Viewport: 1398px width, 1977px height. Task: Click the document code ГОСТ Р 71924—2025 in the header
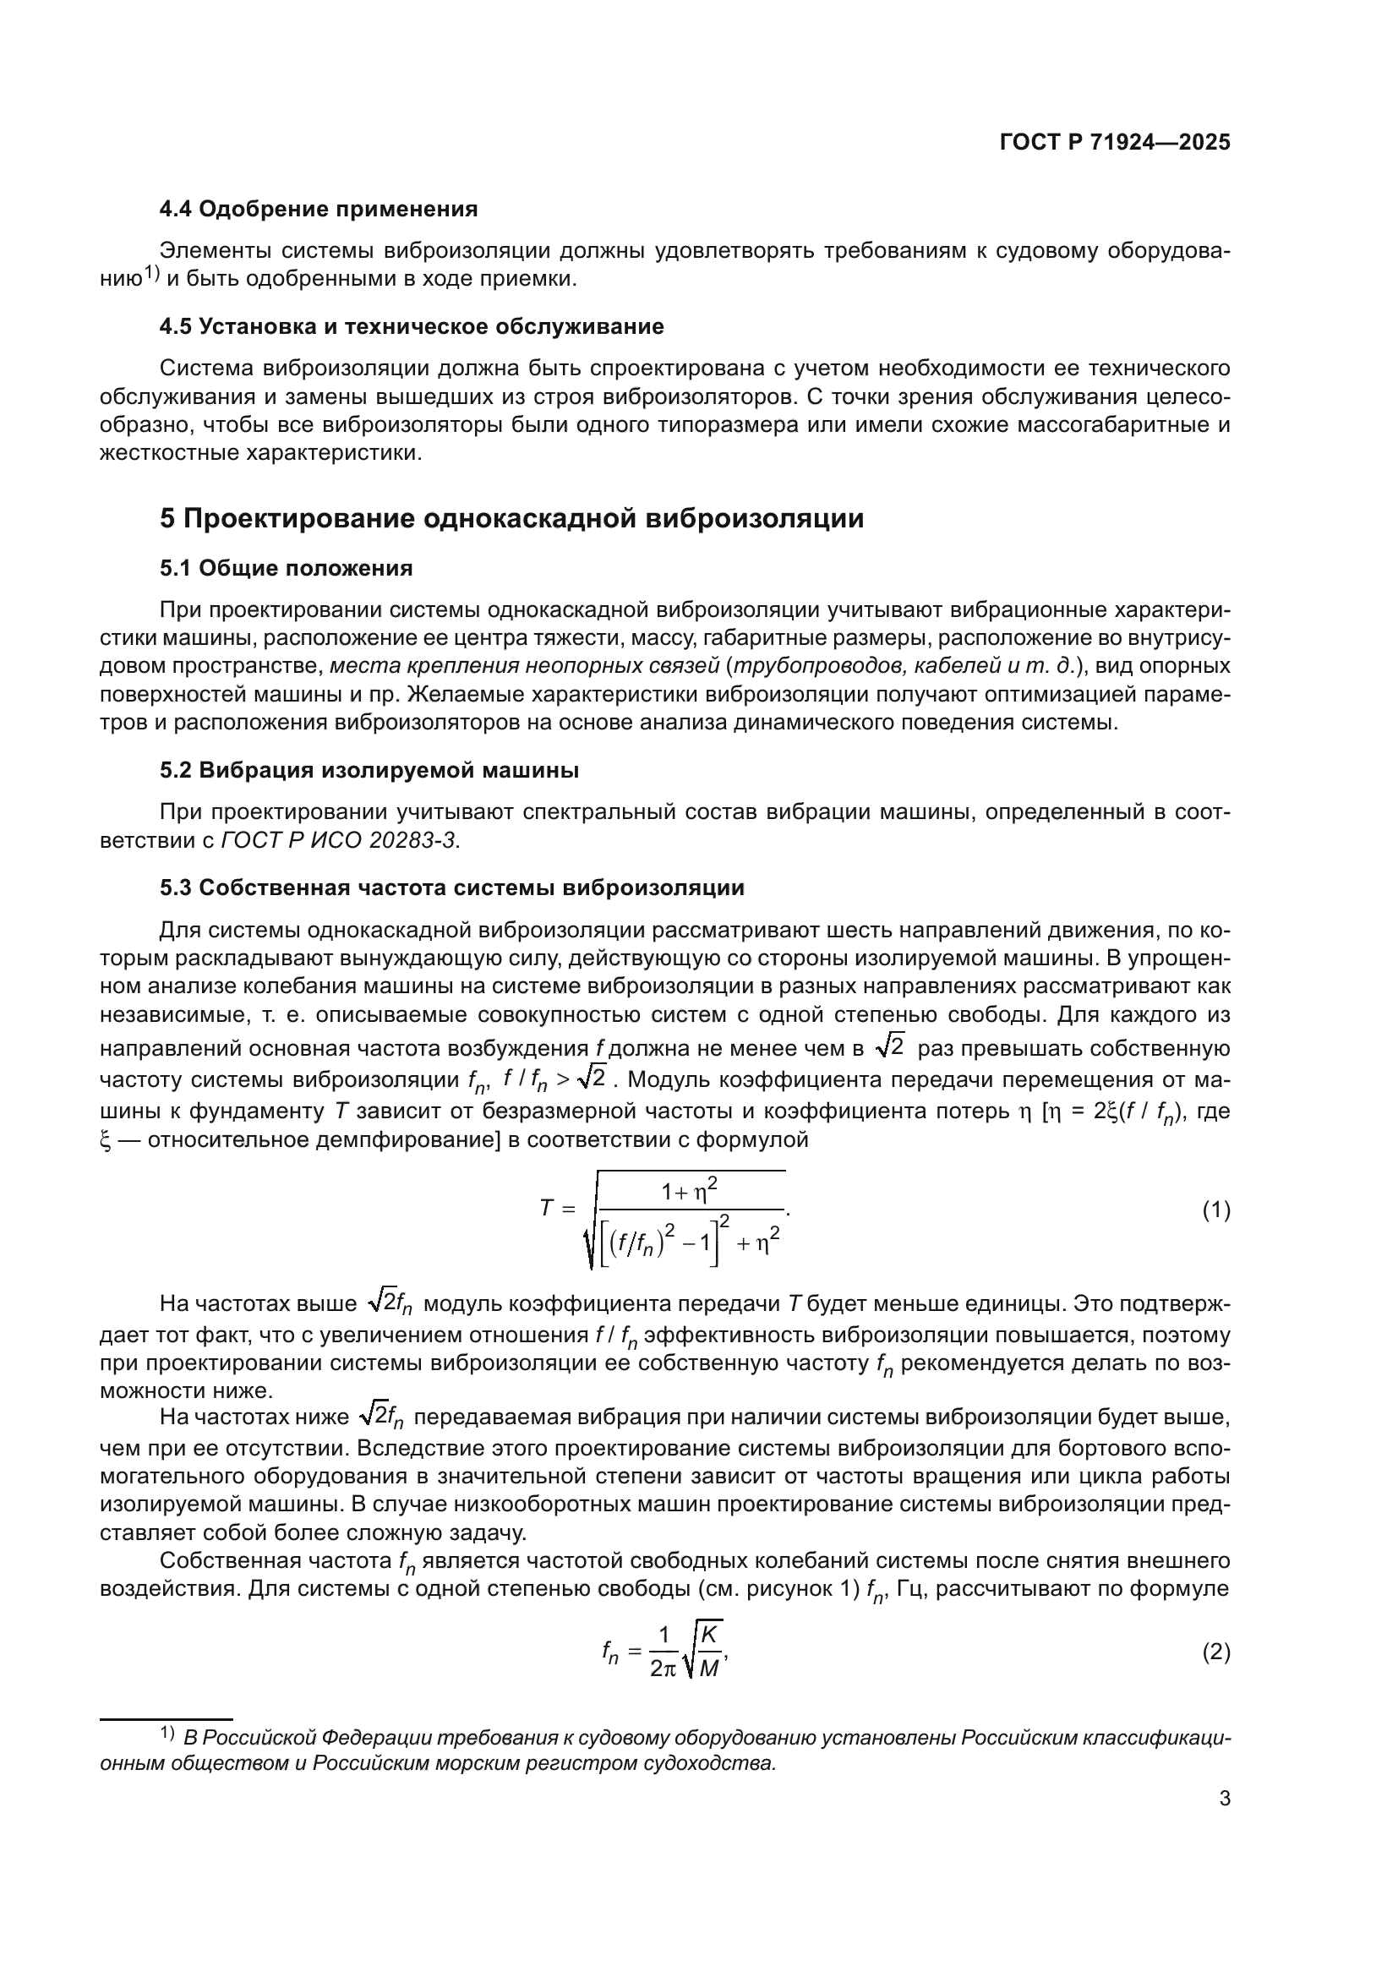tap(1115, 143)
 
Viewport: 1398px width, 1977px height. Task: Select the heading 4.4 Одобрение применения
tap(319, 209)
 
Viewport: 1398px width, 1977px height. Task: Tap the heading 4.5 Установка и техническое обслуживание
tap(412, 326)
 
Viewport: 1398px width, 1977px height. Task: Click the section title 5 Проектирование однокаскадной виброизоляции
tap(511, 519)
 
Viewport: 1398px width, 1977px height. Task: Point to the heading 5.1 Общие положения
tap(286, 568)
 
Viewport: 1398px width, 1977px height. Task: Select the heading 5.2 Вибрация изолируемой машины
tap(369, 770)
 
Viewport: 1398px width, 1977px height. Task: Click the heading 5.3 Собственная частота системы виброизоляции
tap(452, 887)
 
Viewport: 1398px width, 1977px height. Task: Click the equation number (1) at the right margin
tap(1215, 1210)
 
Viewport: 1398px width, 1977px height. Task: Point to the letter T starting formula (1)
tap(546, 1208)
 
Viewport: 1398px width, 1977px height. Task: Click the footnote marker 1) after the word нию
tap(152, 273)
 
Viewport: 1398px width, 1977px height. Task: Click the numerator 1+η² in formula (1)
tap(689, 1193)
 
